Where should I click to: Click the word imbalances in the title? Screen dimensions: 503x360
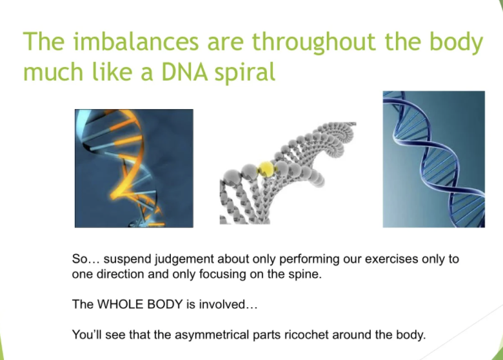pyautogui.click(x=136, y=41)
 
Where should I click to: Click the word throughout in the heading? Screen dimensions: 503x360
pyautogui.click(x=313, y=43)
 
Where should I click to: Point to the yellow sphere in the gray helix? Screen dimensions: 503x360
pyautogui.click(x=266, y=169)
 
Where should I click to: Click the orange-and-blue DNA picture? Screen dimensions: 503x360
pyautogui.click(x=133, y=168)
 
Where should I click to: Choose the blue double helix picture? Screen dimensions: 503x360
pyautogui.click(x=434, y=159)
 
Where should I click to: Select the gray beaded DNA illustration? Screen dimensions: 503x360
pyautogui.click(x=288, y=173)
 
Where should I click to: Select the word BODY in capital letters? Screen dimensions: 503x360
pyautogui.click(x=165, y=304)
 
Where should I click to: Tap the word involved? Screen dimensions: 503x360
pyautogui.click(x=228, y=304)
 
